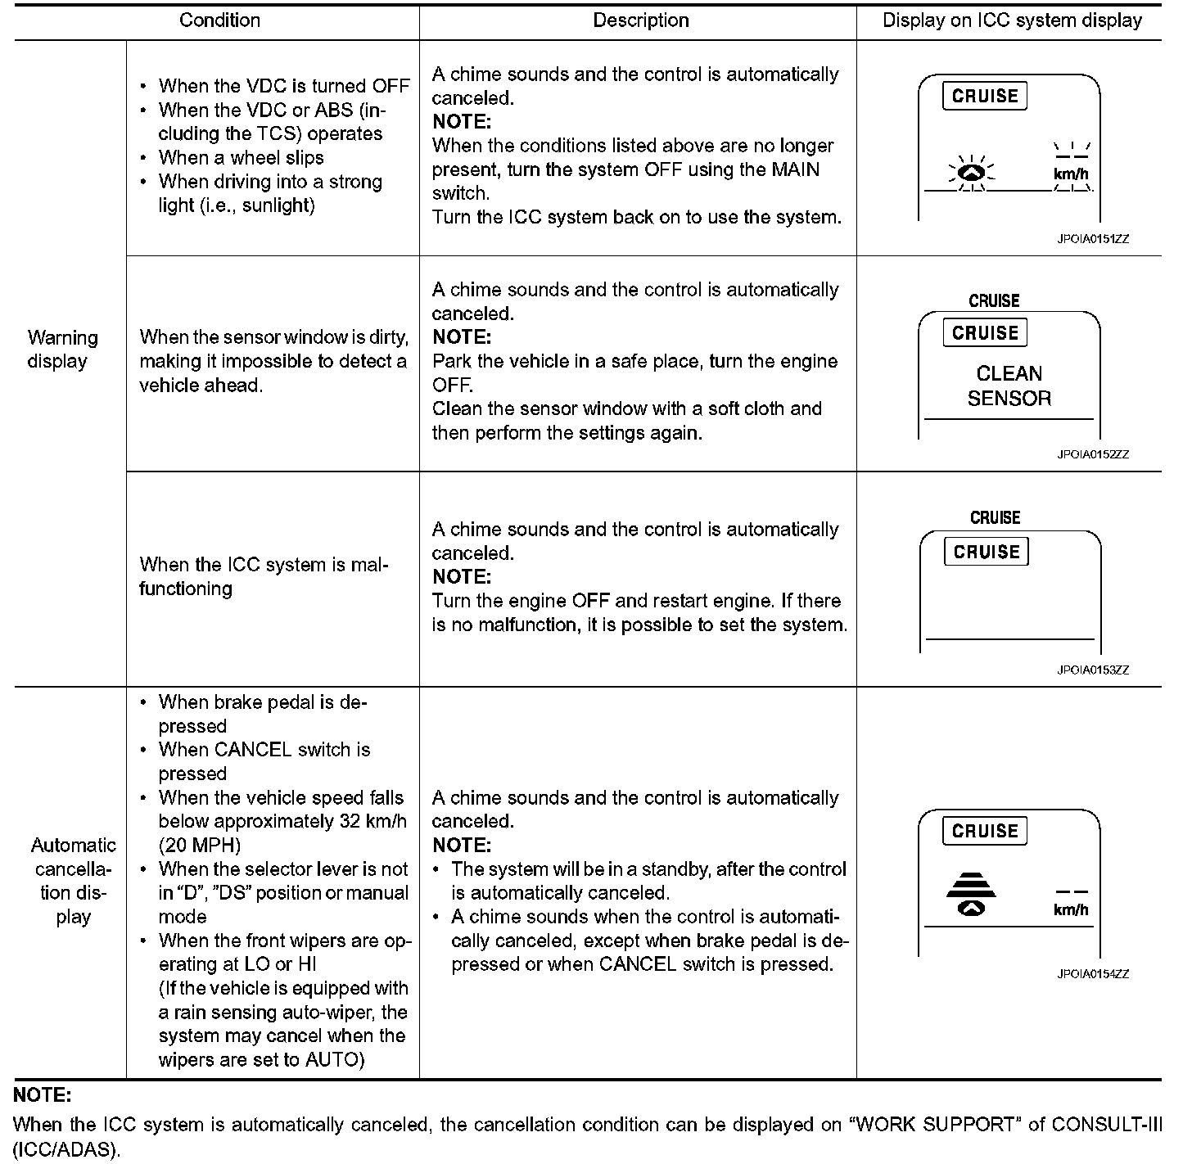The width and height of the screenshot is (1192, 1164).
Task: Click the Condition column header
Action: pyautogui.click(x=219, y=20)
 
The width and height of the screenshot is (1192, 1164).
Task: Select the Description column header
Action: pyautogui.click(x=640, y=20)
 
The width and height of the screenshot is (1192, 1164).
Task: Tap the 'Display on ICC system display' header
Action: pyautogui.click(x=1012, y=20)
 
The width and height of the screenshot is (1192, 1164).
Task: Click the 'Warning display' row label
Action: pyautogui.click(x=62, y=350)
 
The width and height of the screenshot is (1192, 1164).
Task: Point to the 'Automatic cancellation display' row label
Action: pyautogui.click(x=73, y=881)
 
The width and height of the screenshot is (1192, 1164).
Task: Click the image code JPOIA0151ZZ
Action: pyautogui.click(x=1092, y=240)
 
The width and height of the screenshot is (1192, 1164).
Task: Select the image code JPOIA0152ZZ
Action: pyautogui.click(x=1092, y=454)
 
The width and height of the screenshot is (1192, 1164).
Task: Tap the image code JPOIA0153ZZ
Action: pyautogui.click(x=1092, y=670)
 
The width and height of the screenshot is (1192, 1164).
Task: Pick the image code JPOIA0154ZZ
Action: pyautogui.click(x=1092, y=974)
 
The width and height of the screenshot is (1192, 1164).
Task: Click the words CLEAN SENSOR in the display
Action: pyautogui.click(x=1009, y=386)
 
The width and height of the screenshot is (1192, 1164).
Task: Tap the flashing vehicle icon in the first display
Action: pyautogui.click(x=971, y=173)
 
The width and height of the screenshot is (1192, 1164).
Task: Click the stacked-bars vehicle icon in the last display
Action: pyautogui.click(x=971, y=895)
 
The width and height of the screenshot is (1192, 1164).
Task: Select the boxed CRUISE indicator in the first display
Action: pyautogui.click(x=985, y=97)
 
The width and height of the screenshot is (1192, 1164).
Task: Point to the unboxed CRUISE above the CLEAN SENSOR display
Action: pyautogui.click(x=994, y=301)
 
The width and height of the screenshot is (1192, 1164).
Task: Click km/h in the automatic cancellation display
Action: pyautogui.click(x=1071, y=909)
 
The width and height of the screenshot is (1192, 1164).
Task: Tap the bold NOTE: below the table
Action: pyautogui.click(x=43, y=1095)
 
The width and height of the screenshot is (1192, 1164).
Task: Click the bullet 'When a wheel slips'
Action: pyautogui.click(x=241, y=158)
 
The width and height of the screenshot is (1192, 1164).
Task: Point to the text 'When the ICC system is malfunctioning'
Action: pyautogui.click(x=263, y=576)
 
